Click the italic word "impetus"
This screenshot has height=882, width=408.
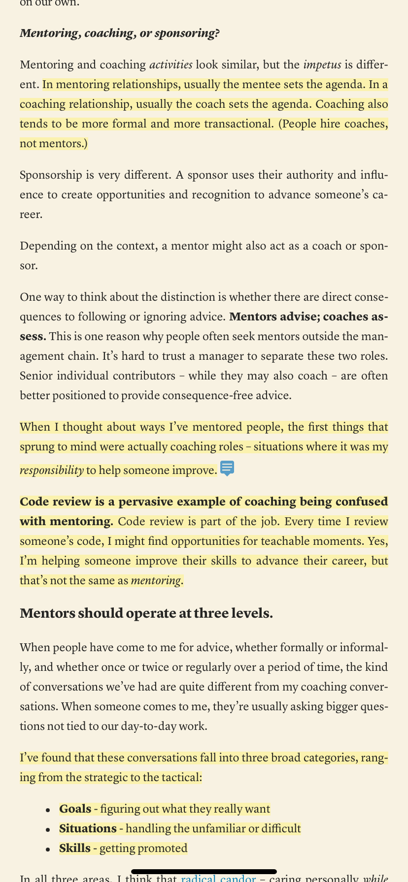pos(321,64)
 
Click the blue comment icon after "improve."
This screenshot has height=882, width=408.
pos(227,469)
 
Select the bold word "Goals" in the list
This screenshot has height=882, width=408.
pos(75,809)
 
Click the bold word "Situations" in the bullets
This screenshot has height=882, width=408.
pos(88,828)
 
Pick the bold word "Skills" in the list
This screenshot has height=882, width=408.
pos(75,848)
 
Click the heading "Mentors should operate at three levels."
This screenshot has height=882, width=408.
pos(146,614)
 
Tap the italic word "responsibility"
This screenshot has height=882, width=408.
pos(51,470)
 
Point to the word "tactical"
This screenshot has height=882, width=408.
pos(179,778)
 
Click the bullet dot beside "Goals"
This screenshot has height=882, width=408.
pos(48,810)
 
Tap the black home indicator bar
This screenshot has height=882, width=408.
pos(204,871)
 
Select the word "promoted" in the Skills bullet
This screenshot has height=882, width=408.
pos(165,848)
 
